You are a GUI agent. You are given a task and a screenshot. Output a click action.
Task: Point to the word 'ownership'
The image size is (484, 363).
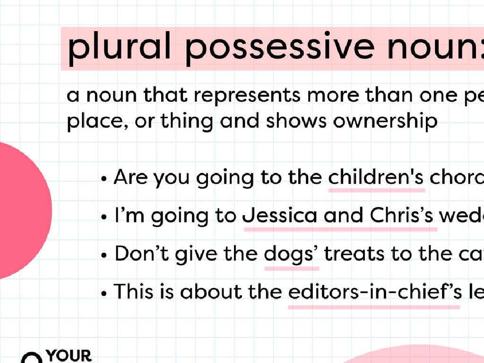point(385,121)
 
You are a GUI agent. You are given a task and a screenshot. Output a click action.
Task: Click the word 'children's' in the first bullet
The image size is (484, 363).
point(376,178)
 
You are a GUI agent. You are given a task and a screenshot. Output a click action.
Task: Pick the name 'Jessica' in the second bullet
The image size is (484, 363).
point(280,216)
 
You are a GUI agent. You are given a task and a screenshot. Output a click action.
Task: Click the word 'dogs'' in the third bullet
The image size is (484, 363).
point(292,254)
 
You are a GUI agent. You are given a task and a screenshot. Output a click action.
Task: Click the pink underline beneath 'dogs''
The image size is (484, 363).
point(292,268)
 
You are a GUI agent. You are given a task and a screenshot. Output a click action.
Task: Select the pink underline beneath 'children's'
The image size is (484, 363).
point(376,190)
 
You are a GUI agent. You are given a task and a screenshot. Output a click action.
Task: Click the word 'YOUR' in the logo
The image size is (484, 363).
point(69,355)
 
